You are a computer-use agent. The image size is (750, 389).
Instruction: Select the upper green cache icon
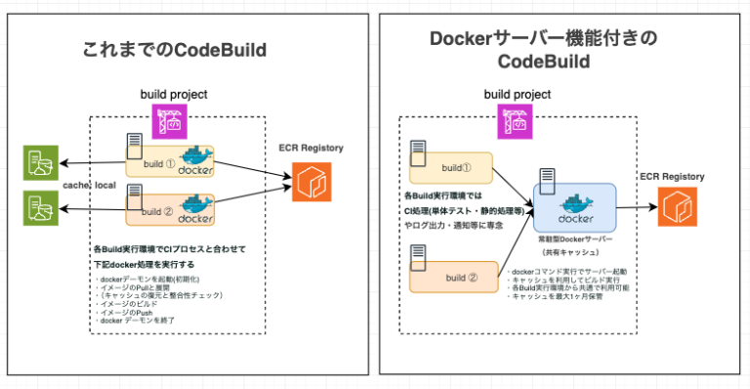coord(38,162)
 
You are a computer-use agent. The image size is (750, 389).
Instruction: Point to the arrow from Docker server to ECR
coord(636,207)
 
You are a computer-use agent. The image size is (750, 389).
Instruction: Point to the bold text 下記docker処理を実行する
coord(151,263)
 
